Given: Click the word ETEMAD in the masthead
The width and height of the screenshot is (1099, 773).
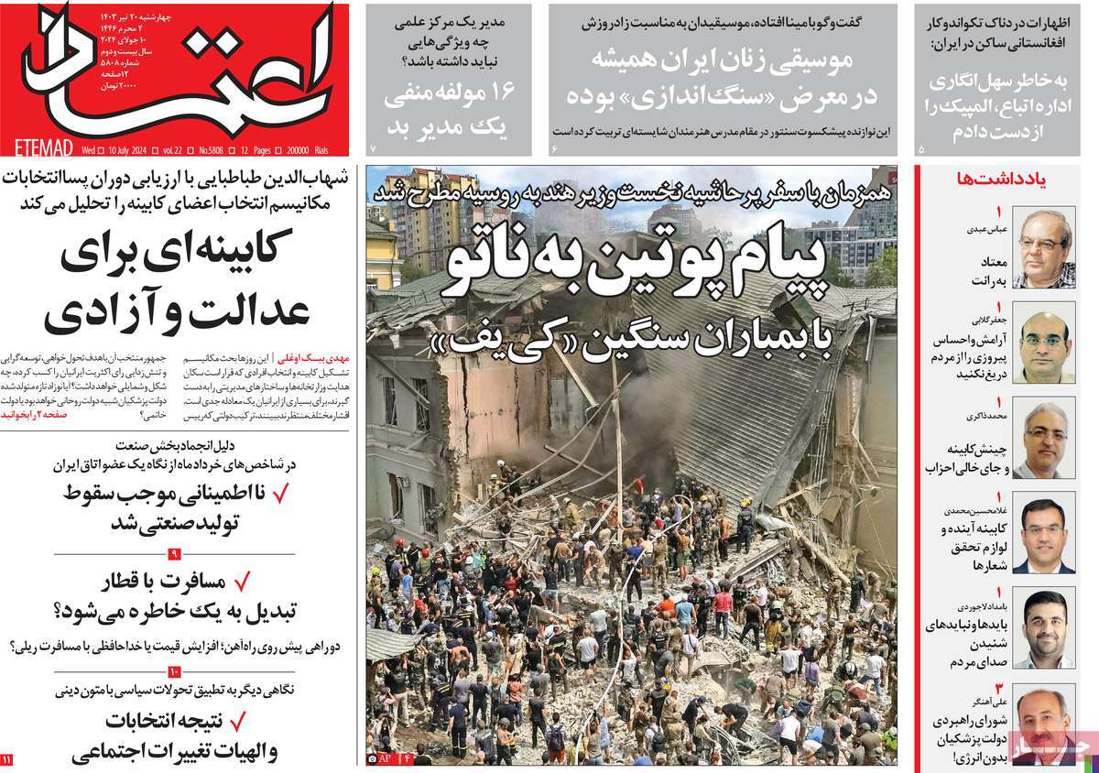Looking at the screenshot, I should [39, 148].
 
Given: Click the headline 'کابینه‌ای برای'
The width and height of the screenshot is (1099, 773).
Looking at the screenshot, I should [177, 255].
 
